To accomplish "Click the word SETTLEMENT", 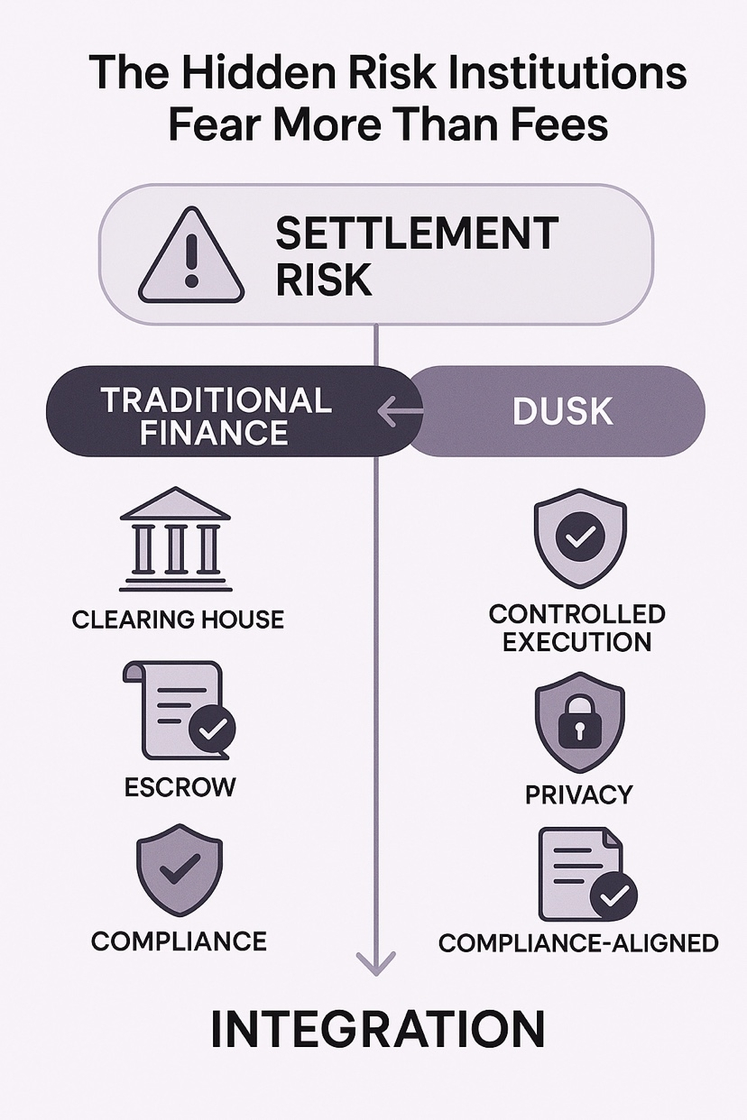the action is coord(417,234).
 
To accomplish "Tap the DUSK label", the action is coord(562,412).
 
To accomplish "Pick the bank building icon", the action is coord(175,539).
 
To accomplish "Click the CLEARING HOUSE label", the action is coord(178,620).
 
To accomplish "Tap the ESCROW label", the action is coord(180,786).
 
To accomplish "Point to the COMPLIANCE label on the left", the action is coord(179,941).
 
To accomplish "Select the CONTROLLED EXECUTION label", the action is coord(577,628).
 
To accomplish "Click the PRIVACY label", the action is coord(578,794).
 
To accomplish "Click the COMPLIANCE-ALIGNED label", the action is coord(578,943).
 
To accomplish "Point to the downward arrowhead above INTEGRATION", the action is coord(375,963).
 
